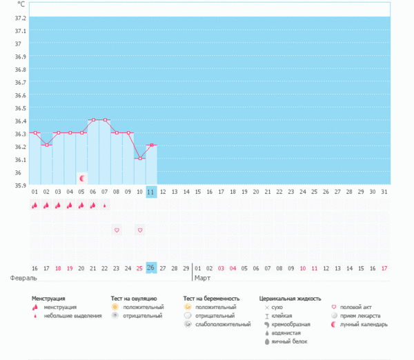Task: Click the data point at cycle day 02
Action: [46, 146]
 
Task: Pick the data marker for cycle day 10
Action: [140, 159]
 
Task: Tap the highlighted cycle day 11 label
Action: [152, 191]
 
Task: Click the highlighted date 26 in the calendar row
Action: [152, 268]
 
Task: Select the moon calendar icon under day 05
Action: [81, 178]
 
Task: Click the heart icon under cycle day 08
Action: [117, 230]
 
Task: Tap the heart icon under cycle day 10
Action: [140, 230]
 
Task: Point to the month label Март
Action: [203, 279]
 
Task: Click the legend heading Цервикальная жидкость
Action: [290, 299]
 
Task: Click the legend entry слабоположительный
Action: [223, 324]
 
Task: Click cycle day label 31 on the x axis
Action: [384, 191]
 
